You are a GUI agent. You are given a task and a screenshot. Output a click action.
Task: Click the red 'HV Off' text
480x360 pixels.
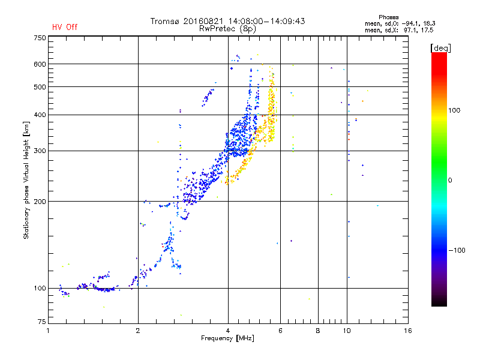point(65,27)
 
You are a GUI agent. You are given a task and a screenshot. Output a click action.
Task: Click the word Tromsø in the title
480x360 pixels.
point(164,21)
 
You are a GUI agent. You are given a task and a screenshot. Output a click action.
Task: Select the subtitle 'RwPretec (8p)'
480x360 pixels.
point(227,29)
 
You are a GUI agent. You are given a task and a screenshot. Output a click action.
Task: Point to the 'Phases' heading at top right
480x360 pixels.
point(388,17)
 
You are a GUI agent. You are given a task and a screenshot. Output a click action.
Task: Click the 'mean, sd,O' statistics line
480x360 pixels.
point(400,23)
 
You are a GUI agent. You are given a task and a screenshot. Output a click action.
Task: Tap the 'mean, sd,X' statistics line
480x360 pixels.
point(399,30)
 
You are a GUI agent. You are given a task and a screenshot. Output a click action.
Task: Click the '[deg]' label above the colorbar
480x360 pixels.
point(440,48)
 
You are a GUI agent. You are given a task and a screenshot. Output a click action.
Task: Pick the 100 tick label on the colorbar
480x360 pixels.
point(454,110)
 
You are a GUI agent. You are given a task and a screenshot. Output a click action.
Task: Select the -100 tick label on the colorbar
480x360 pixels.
point(457,250)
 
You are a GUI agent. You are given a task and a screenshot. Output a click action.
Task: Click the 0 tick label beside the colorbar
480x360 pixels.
point(450,181)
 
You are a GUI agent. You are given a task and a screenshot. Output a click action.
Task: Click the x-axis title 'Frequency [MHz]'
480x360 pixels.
point(227,338)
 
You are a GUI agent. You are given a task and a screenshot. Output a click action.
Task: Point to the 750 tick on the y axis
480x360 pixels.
point(40,38)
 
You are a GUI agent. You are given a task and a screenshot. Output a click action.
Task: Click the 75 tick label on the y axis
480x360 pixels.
point(42,322)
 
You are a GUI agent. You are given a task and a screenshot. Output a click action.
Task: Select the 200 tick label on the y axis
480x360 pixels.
point(40,202)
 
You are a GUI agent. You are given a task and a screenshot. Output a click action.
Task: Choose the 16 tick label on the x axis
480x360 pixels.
point(408,331)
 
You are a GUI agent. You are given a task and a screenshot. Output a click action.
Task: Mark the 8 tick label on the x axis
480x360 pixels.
point(318,331)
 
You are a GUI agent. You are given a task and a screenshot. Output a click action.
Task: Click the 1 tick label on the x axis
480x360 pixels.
point(48,331)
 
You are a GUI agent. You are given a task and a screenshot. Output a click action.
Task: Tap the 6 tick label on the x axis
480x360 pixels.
point(280,331)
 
